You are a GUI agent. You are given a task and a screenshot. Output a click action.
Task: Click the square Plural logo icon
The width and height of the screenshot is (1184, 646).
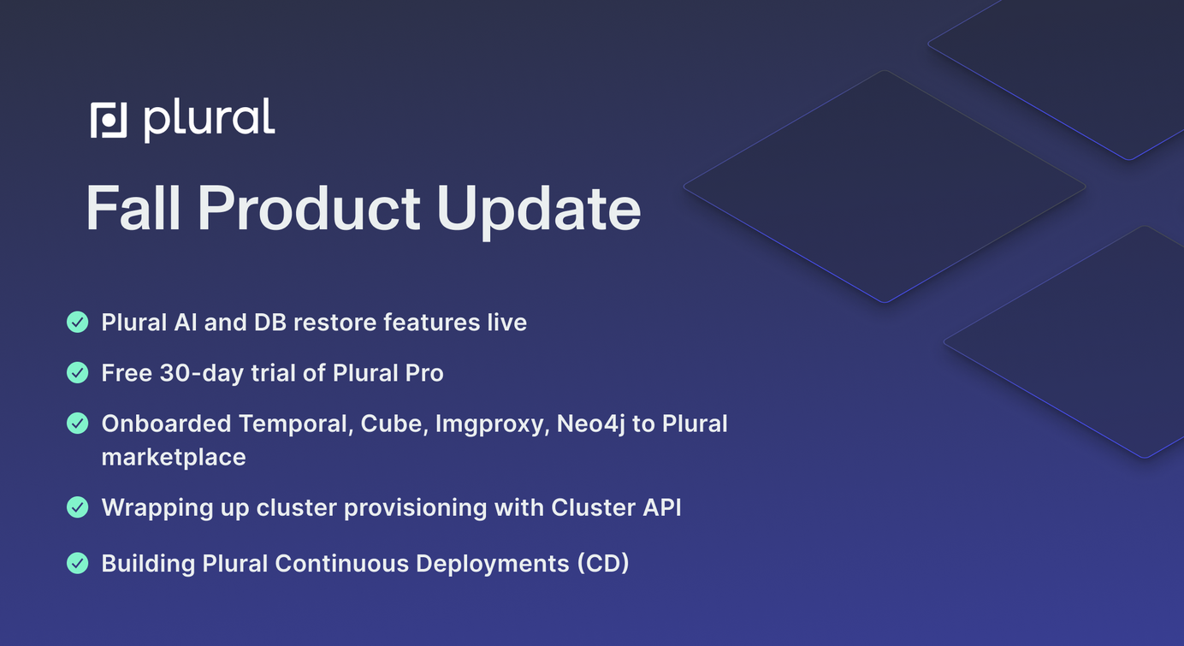coord(109,120)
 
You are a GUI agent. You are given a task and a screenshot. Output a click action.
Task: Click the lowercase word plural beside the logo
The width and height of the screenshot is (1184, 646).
coord(210,120)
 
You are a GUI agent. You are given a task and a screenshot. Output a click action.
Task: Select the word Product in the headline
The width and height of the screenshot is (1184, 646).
coord(309,208)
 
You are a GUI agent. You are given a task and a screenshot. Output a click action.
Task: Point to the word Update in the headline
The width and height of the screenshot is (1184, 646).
coord(538,211)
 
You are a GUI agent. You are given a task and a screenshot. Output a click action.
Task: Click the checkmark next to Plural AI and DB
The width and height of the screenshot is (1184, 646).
coord(78,322)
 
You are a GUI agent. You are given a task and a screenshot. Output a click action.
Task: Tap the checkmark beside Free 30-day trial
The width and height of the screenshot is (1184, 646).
coord(78,373)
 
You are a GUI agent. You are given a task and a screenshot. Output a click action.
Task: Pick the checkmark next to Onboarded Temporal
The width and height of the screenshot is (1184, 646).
coord(78,424)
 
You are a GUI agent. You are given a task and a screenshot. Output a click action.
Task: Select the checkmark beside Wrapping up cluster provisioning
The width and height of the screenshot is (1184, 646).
coord(78,507)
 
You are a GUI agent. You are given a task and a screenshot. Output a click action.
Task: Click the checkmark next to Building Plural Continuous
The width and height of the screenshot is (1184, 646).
coord(78,563)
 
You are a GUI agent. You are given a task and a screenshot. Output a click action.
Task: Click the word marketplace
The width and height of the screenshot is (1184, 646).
coord(174,458)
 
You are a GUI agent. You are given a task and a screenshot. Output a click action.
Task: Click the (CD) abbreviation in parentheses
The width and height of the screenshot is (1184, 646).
coord(603,564)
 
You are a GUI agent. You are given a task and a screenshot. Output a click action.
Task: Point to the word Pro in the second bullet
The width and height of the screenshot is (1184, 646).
coord(424,373)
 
